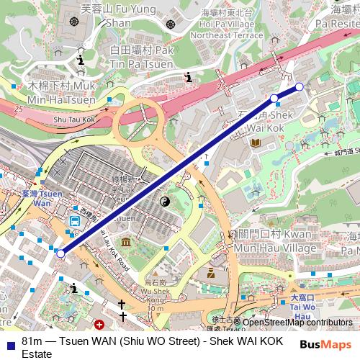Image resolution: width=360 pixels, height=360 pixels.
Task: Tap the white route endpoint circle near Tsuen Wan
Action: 60,253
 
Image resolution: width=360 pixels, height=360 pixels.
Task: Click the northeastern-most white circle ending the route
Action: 300,86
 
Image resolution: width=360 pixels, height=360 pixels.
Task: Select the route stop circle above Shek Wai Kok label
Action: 274,98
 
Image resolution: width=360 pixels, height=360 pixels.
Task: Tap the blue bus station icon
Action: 74,220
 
